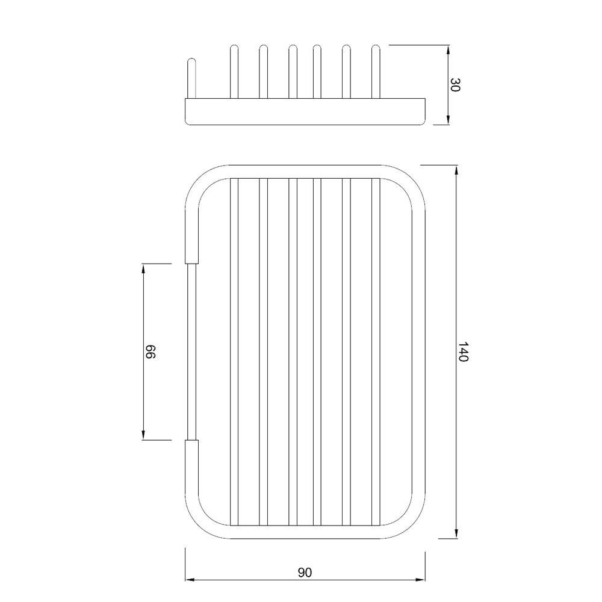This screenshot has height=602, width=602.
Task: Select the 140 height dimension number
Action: (x=463, y=352)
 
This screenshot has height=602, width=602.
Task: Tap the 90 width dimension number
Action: (x=305, y=572)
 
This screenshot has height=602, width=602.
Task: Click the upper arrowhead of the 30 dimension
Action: (x=449, y=49)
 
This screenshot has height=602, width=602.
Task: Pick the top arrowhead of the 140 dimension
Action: (x=457, y=170)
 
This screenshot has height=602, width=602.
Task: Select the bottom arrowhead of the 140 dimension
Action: (x=457, y=533)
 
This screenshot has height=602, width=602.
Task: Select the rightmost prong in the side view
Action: (x=376, y=70)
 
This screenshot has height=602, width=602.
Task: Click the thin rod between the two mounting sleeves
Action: (x=191, y=352)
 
